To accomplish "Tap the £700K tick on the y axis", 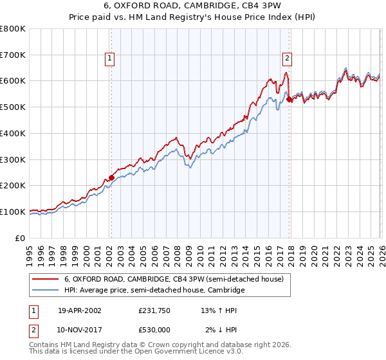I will click(13, 55).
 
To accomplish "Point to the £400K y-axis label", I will click(13, 133).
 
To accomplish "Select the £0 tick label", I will click(21, 238).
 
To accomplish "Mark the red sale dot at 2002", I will click(111, 177).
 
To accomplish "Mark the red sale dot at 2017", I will click(289, 99).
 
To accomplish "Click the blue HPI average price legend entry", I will click(154, 291).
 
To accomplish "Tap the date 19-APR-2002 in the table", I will click(79, 310).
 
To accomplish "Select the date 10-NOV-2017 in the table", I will click(79, 330).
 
